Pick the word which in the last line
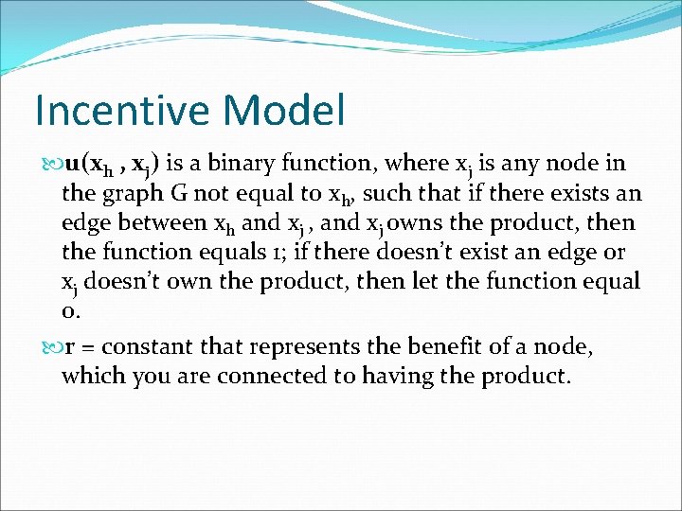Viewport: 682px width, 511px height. [92, 376]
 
